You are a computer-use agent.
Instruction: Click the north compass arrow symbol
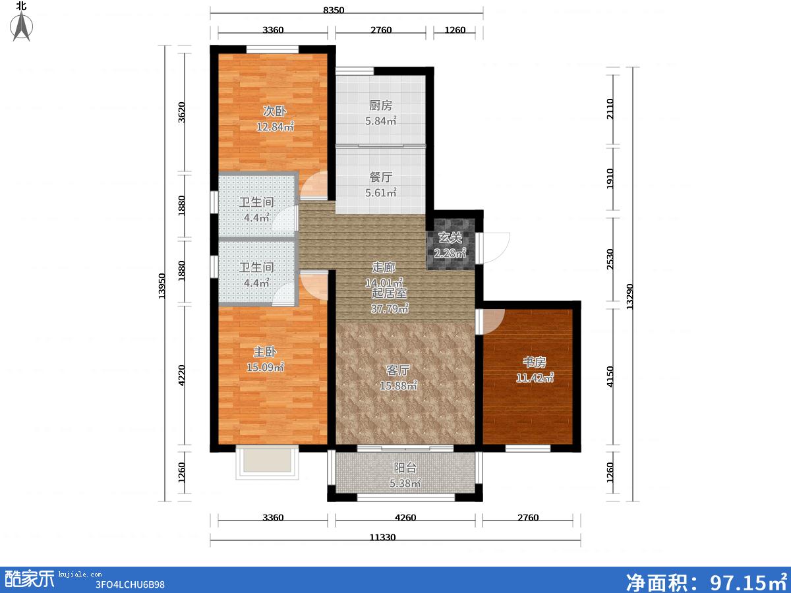22,26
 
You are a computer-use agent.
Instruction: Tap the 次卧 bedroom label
275,111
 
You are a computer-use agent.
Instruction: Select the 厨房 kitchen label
380,105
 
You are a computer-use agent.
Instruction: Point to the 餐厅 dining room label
381,177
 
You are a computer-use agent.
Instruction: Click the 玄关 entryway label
450,238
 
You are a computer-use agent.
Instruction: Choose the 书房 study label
535,362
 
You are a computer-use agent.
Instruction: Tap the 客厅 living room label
398,370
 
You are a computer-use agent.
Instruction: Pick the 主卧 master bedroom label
265,352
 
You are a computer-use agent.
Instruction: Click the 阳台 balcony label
405,468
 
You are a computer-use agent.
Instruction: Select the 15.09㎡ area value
265,367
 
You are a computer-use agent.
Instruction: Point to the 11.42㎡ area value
535,378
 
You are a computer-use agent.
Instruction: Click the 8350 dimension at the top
334,10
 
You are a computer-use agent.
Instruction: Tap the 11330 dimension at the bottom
383,538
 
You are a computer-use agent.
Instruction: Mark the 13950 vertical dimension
161,286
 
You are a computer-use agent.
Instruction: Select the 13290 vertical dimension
630,296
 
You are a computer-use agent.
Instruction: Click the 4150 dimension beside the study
610,377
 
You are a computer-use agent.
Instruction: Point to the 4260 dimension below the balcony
405,518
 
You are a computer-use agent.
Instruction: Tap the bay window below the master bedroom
267,463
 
